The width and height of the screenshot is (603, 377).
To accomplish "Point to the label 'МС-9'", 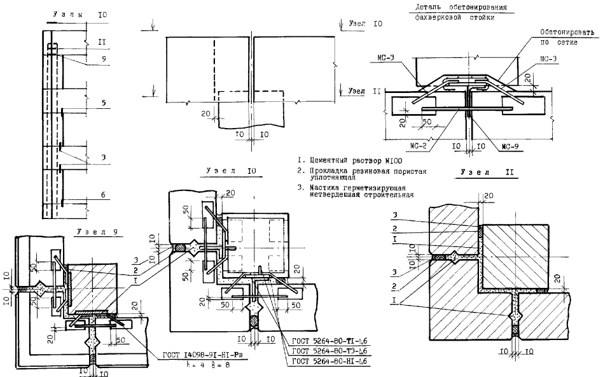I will (x=511, y=146).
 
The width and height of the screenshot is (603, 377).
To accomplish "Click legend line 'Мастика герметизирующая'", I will (x=356, y=187).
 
